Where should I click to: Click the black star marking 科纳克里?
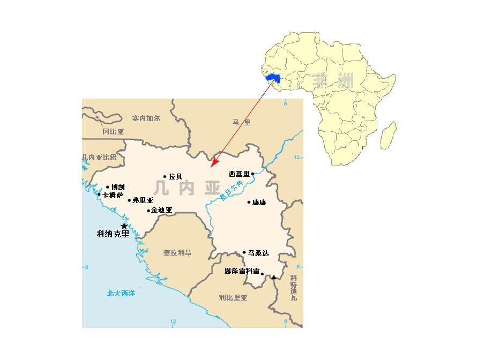tap(124, 226)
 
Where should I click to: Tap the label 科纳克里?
tap(113, 234)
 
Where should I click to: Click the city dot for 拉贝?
tap(165, 176)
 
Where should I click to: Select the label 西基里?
tap(239, 174)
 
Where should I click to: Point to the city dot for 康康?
tap(249, 202)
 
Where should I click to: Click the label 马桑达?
tap(258, 253)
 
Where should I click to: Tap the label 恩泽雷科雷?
tap(242, 271)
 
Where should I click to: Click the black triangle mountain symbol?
tap(274, 277)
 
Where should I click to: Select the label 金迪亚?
tap(161, 211)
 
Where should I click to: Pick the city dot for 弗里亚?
tap(129, 200)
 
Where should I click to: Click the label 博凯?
tap(118, 187)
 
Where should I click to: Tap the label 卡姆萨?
tap(113, 195)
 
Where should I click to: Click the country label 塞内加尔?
tap(146, 118)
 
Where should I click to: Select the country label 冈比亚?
tap(113, 131)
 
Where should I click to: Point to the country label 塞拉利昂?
tap(177, 252)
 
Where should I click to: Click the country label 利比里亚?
tap(233, 297)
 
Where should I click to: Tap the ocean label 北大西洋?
tap(121, 293)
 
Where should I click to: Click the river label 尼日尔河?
tap(231, 191)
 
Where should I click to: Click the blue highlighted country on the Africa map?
tap(274, 79)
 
